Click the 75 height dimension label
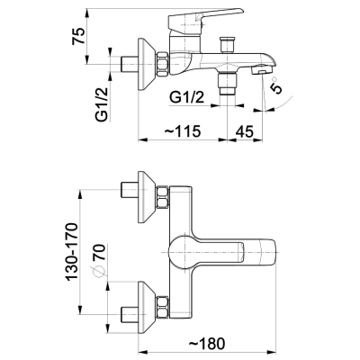tap(77, 36)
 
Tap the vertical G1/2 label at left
tap(102, 103)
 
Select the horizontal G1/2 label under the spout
tap(186, 97)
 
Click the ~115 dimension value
tap(183, 131)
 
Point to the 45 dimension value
tap(244, 131)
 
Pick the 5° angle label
tap(275, 86)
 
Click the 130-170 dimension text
tap(72, 252)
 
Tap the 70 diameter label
tap(100, 253)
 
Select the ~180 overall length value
tap(207, 344)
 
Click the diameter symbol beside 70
tap(99, 271)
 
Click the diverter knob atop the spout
tap(228, 44)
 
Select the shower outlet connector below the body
tap(227, 81)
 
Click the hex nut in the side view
tap(162, 64)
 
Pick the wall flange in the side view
tap(147, 64)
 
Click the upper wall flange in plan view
tap(147, 197)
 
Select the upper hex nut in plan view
tap(162, 197)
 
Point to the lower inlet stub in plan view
tap(130, 314)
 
